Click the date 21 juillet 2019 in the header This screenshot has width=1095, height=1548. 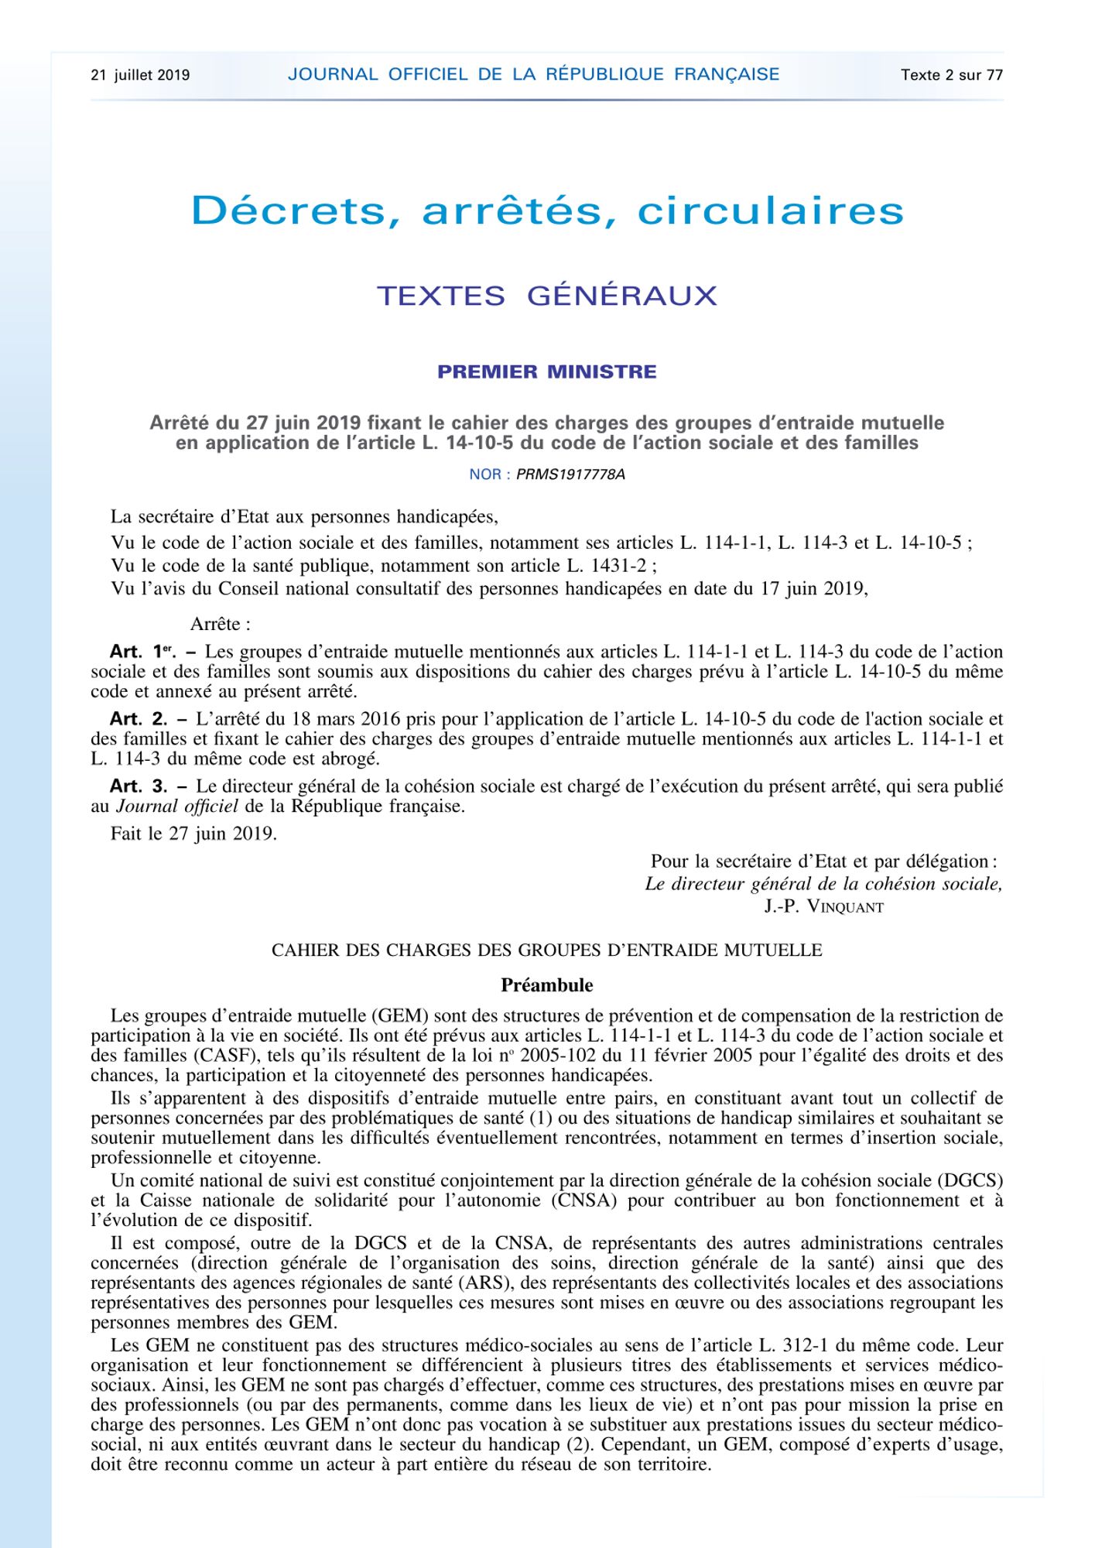coord(140,75)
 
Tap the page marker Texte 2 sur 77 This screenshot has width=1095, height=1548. coord(951,75)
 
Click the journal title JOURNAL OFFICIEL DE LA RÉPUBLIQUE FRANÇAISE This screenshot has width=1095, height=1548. coord(533,74)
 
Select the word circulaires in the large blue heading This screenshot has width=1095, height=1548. coord(770,211)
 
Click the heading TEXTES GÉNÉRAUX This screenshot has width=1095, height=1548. coord(547,296)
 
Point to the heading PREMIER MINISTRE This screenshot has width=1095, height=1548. coord(547,372)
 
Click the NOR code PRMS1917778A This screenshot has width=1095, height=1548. coord(570,474)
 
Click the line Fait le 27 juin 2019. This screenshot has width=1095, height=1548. coord(193,834)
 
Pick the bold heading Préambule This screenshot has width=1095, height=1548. coord(546,985)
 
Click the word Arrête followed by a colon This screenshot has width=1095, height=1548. coord(220,624)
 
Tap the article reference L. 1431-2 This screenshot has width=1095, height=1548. coord(606,566)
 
